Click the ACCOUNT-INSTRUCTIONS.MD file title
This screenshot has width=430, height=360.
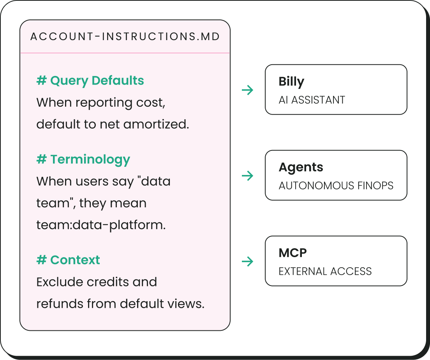125,37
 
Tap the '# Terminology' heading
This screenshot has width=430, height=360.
83,159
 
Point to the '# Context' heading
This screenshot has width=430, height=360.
68,260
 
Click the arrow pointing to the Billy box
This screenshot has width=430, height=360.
248,90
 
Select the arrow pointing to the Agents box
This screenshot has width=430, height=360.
248,176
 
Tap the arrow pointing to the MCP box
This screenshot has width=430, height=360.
248,261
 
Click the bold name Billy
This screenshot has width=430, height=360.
291,82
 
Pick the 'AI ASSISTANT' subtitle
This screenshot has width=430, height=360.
312,100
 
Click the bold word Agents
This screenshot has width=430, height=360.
301,168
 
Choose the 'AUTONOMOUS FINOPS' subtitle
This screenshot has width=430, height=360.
336,185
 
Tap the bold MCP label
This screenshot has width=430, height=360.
293,253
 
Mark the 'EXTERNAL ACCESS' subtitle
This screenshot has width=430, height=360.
325,271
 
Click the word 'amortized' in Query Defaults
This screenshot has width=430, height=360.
156,124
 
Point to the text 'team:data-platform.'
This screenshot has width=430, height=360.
101,225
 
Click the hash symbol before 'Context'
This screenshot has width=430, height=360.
41,260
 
